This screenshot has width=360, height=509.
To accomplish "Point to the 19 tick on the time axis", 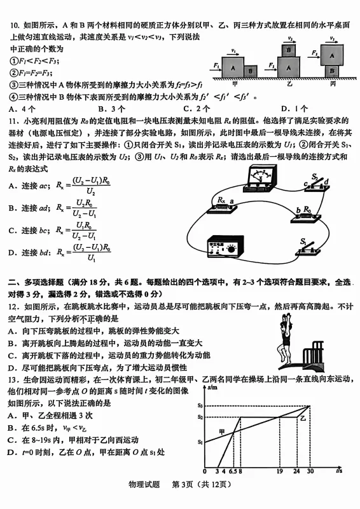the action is coord(280,472).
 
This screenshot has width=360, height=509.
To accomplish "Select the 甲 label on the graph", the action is coord(222,432).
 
